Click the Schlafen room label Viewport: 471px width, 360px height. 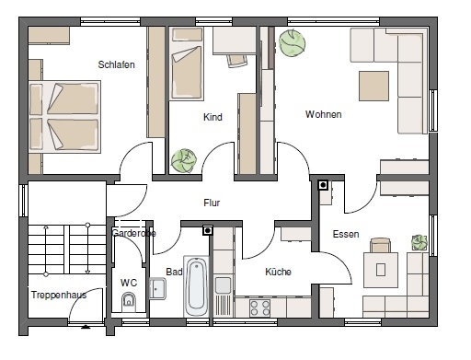[116, 64]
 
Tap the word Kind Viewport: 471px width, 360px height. [213, 117]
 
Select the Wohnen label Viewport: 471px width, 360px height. [323, 114]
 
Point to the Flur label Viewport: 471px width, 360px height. [212, 203]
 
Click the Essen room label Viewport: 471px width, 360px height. [346, 234]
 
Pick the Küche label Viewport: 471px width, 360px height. [278, 272]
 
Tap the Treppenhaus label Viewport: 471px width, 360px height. [59, 295]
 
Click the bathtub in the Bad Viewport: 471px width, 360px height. [196, 286]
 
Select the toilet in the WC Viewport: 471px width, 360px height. [129, 301]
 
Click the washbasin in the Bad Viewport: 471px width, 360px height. [157, 288]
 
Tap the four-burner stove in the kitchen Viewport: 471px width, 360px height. [259, 308]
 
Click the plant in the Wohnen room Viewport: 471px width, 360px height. [292, 43]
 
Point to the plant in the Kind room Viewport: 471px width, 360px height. [184, 161]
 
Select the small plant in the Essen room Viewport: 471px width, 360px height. [419, 242]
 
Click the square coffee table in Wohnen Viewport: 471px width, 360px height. [373, 87]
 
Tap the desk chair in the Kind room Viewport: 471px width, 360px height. [237, 60]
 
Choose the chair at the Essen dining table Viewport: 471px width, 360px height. [380, 245]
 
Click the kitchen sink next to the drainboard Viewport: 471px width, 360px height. [223, 285]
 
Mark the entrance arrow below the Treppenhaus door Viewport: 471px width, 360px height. [86, 327]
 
